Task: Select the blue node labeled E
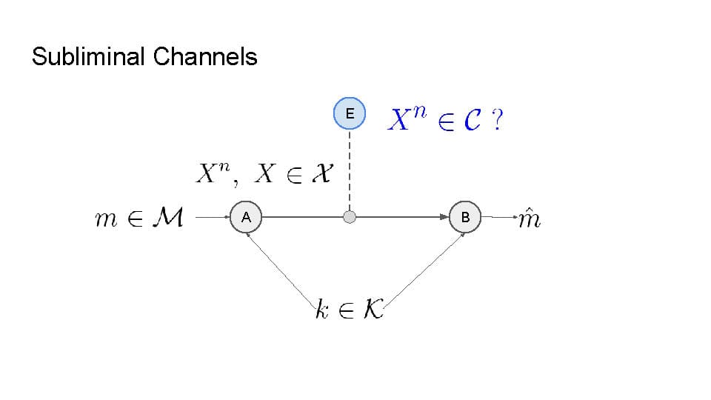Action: (350, 113)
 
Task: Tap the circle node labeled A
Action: (246, 217)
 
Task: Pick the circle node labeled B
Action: (465, 217)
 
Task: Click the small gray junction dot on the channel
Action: (350, 217)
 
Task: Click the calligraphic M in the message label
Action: (169, 219)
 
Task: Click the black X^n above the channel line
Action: (215, 173)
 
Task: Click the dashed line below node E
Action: (350, 170)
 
